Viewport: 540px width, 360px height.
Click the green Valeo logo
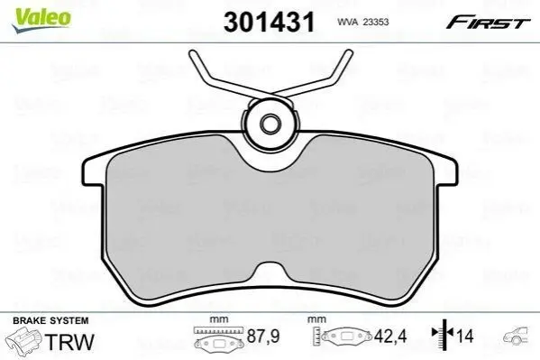(x=41, y=20)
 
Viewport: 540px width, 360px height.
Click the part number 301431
(x=269, y=22)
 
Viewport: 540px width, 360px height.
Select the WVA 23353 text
(x=363, y=22)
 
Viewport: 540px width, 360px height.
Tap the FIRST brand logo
(x=488, y=22)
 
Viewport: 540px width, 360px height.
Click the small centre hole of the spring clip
(x=269, y=124)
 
